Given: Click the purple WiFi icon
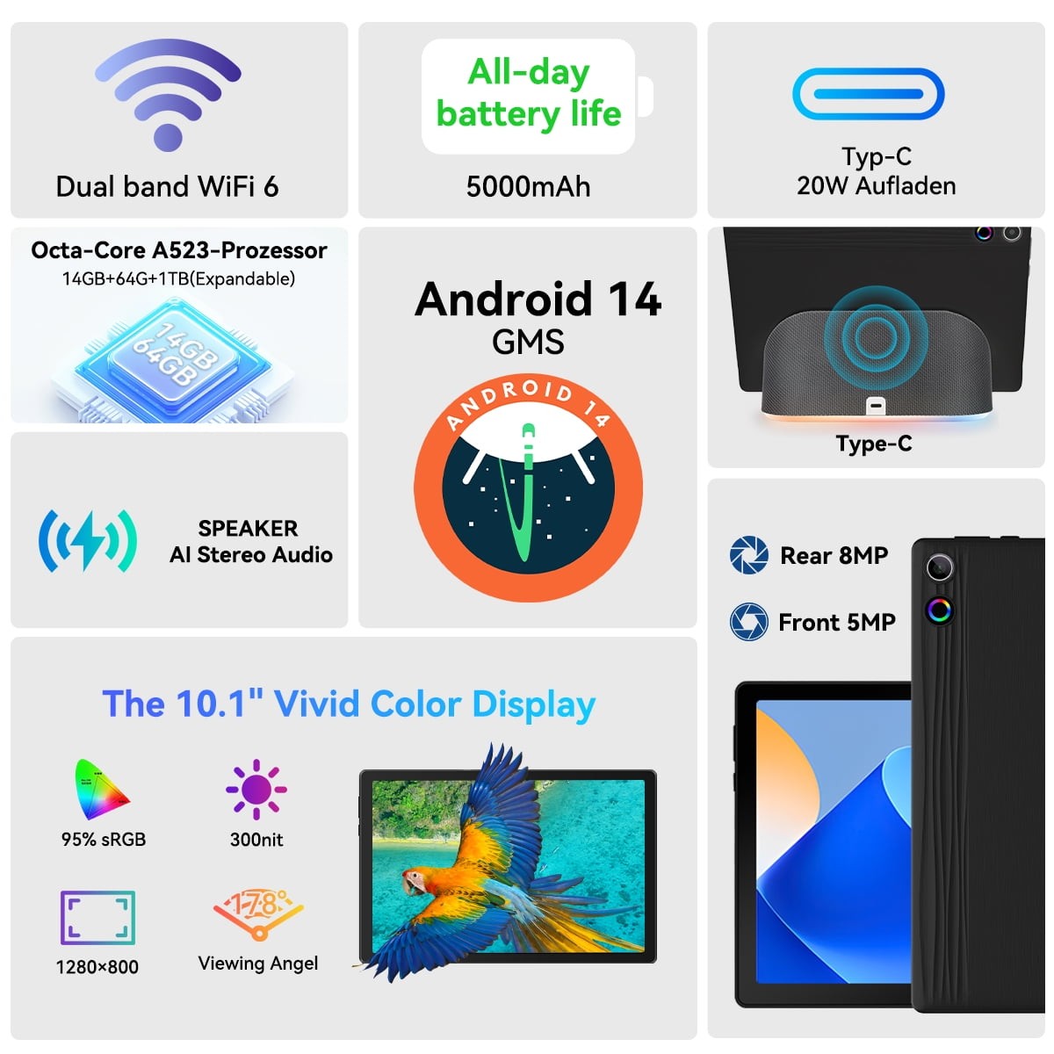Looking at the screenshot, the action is tap(168, 94).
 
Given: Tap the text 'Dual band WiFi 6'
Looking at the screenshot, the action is tap(168, 186).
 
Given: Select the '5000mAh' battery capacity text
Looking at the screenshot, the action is tap(528, 186).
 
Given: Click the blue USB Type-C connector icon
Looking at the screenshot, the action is tap(868, 93).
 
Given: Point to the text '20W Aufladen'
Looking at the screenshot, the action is tap(877, 186).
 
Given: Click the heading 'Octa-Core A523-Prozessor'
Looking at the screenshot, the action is tap(179, 250).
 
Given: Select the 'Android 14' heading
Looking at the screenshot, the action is tap(538, 300).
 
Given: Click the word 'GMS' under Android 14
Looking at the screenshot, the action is tap(528, 343).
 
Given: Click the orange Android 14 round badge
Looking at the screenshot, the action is tap(528, 487).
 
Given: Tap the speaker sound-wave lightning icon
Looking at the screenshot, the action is tap(88, 541).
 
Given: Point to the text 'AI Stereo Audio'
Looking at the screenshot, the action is tap(251, 554).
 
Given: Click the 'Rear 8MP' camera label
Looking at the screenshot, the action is tap(834, 556).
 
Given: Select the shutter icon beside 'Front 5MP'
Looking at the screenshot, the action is tap(748, 621).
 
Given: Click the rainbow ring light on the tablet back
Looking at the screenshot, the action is tap(940, 610).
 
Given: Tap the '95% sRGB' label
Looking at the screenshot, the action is tap(104, 839).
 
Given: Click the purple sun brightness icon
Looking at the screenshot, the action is tap(256, 790).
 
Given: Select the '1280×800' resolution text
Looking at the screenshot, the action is tap(97, 967).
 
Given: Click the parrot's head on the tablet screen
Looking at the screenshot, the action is tap(417, 879).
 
